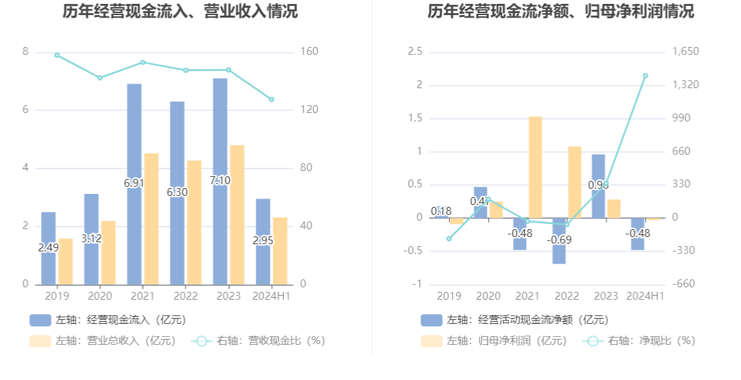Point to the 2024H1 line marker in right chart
(645, 76)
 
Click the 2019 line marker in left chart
(57, 55)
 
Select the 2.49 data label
(48, 247)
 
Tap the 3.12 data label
(91, 238)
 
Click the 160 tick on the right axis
(309, 52)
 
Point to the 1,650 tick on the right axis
(685, 52)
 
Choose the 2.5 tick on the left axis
(415, 52)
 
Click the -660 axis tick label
(683, 284)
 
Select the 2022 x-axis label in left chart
(186, 296)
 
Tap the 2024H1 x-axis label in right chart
(645, 296)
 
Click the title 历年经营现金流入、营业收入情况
(180, 11)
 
